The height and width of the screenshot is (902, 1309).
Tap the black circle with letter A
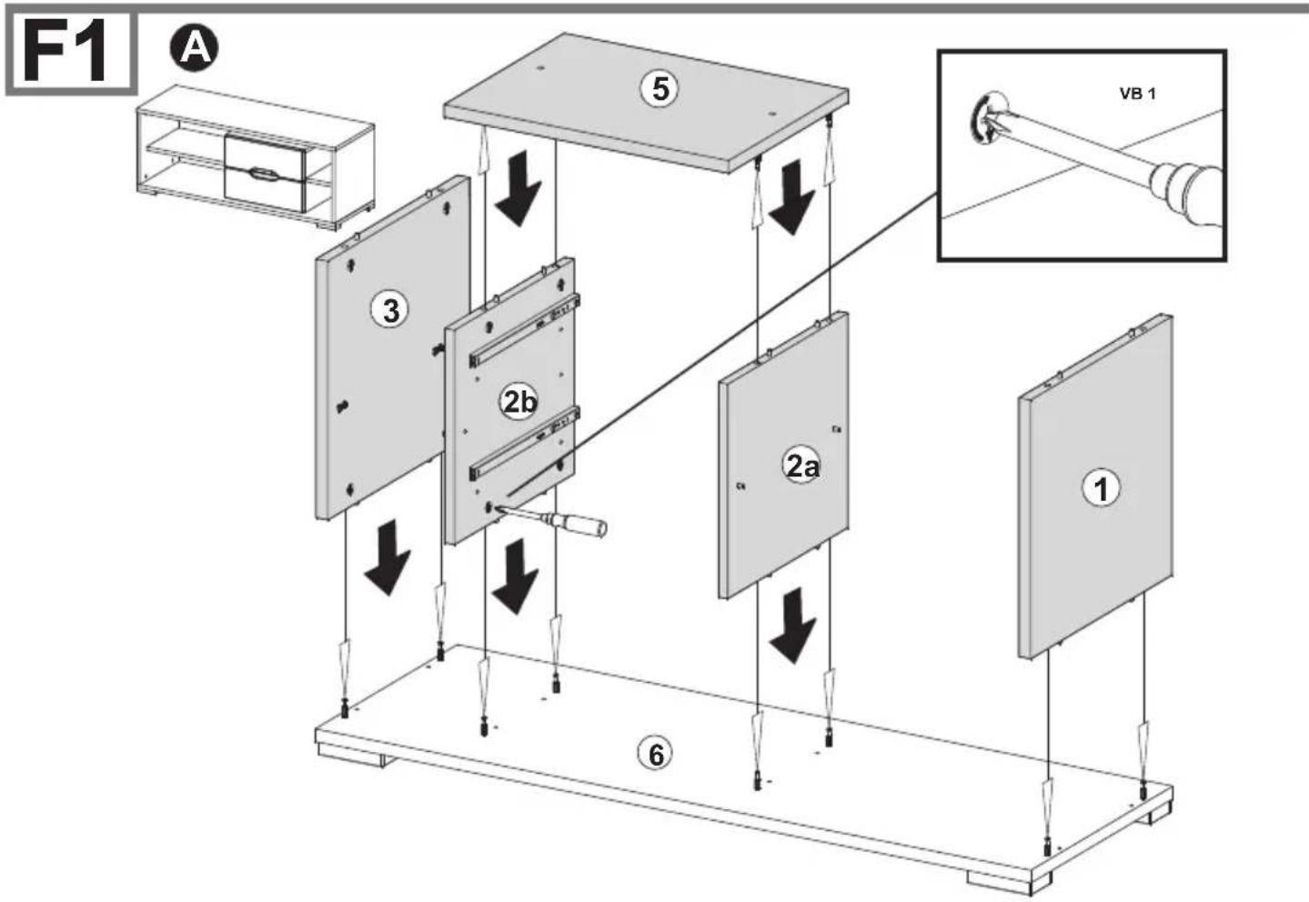(194, 48)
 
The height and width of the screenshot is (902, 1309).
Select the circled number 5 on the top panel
(660, 89)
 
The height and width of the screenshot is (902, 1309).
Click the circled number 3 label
(390, 310)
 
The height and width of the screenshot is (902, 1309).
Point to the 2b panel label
(519, 402)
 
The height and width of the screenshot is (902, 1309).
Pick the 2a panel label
(801, 466)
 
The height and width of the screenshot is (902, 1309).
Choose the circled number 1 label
(1102, 489)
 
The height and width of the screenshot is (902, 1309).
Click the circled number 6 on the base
(656, 754)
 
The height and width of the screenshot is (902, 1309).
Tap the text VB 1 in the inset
(1137, 94)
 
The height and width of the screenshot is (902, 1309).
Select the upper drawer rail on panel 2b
(524, 331)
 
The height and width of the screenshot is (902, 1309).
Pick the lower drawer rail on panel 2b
(524, 444)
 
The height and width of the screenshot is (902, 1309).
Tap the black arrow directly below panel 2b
(514, 576)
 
